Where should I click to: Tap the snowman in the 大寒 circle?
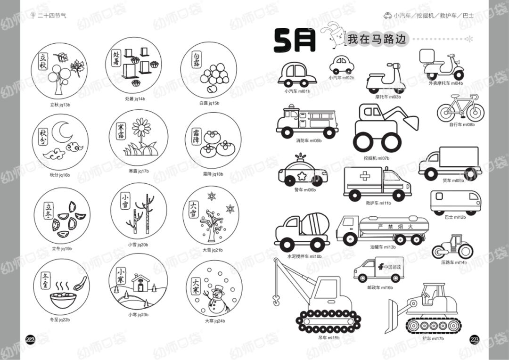(217, 299)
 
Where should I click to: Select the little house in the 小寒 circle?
(140, 283)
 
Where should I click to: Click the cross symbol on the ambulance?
(366, 176)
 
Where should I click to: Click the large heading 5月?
(295, 41)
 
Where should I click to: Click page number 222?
(31, 340)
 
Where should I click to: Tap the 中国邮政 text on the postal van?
(392, 267)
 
